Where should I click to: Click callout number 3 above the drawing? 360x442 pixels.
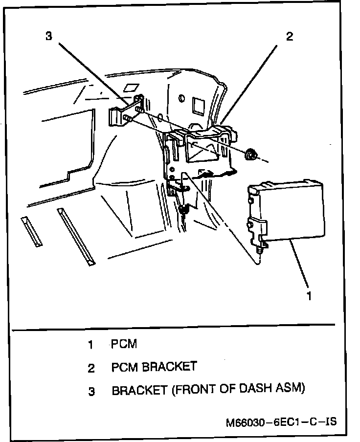click(x=48, y=37)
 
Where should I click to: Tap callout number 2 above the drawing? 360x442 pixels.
click(x=290, y=37)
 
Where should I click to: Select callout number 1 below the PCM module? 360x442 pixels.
click(x=308, y=295)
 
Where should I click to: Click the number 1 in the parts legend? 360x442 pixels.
click(x=90, y=345)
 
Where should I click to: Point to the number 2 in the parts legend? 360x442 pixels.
click(x=90, y=368)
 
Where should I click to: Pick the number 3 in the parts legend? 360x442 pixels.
click(x=91, y=391)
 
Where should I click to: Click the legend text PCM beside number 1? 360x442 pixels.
click(x=124, y=344)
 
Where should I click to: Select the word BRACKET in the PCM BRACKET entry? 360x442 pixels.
click(x=169, y=367)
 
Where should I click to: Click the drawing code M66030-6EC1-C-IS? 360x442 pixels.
click(x=281, y=421)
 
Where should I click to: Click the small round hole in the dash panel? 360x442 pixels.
click(x=182, y=99)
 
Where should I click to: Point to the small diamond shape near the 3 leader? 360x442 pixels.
click(x=130, y=88)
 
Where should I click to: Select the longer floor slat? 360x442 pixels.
click(x=77, y=237)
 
